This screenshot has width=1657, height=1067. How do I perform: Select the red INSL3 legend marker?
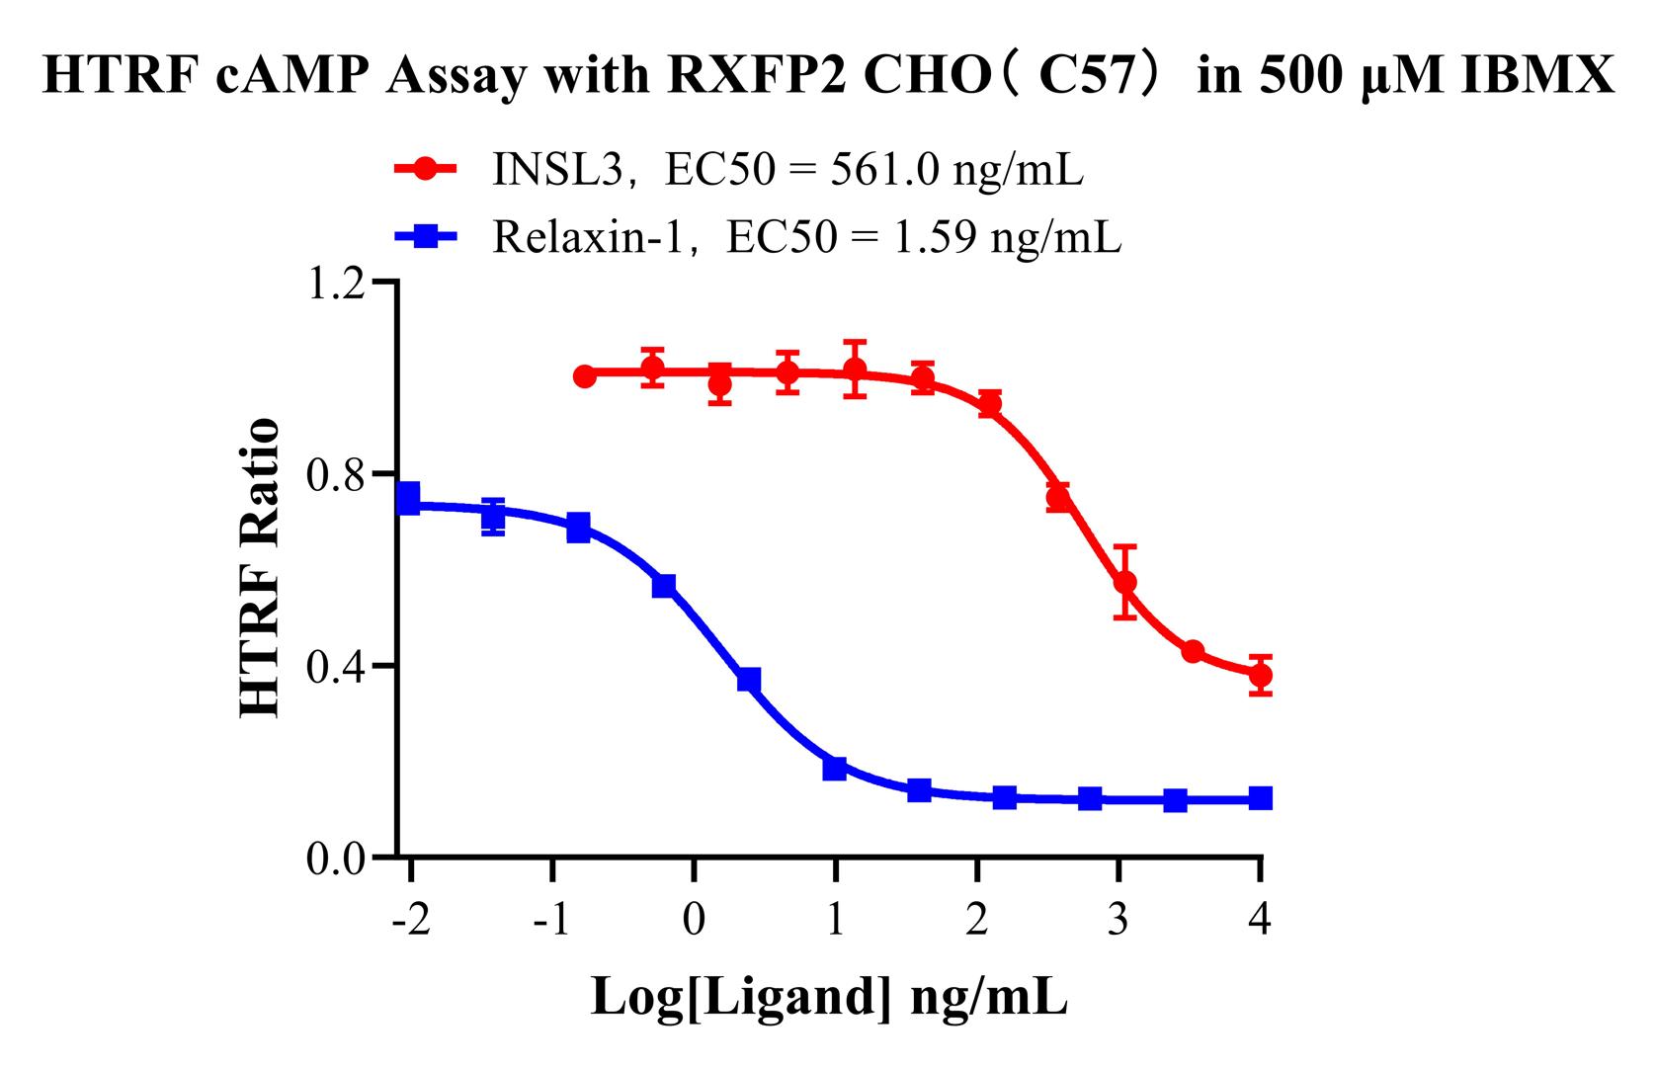pos(425,170)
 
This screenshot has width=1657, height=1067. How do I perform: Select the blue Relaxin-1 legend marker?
pos(425,236)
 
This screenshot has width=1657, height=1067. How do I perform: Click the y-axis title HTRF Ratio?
pos(260,568)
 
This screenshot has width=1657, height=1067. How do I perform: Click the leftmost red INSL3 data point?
pos(585,376)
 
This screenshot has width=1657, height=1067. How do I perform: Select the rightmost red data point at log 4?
pos(1260,676)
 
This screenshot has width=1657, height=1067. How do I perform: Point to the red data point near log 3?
pos(1124,582)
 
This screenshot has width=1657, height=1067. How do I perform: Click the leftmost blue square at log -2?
pos(407,497)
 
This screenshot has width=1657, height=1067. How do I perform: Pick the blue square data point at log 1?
pos(835,768)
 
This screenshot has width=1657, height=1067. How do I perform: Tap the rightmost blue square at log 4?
pos(1260,797)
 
